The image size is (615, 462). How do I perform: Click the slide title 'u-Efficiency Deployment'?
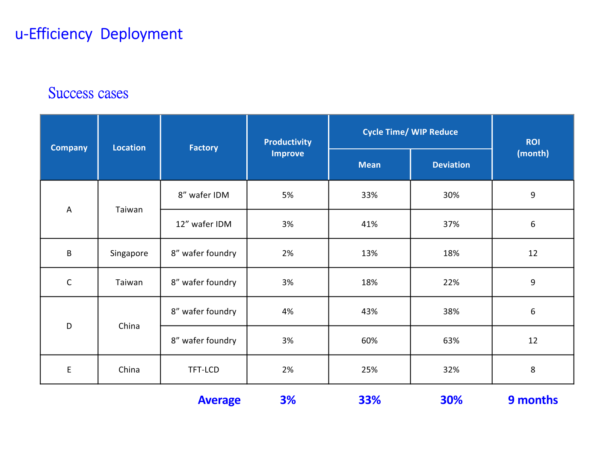click(99, 34)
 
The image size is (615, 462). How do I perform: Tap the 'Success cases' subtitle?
click(88, 93)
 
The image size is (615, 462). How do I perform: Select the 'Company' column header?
click(69, 148)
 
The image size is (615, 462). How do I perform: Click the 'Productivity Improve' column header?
click(287, 148)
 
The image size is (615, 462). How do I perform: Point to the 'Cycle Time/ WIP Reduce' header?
click(410, 132)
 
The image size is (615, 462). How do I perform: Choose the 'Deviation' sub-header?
click(451, 164)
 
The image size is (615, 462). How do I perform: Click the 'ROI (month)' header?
click(532, 148)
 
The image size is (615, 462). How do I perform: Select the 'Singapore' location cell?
click(129, 253)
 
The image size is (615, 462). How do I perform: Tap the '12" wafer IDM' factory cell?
click(204, 224)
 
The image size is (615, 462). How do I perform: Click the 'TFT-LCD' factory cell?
click(204, 370)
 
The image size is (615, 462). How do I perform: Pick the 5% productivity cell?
click(287, 195)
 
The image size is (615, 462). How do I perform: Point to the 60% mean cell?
click(369, 341)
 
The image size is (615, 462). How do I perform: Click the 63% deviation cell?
click(451, 341)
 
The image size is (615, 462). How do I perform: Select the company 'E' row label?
click(69, 370)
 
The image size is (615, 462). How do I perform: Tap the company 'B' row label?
click(69, 253)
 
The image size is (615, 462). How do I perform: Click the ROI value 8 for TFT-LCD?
click(532, 370)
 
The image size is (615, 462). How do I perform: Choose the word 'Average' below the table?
click(219, 400)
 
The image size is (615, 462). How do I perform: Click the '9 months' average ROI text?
click(532, 400)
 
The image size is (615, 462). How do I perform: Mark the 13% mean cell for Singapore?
click(369, 253)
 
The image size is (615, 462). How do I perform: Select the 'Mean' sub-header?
click(369, 164)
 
